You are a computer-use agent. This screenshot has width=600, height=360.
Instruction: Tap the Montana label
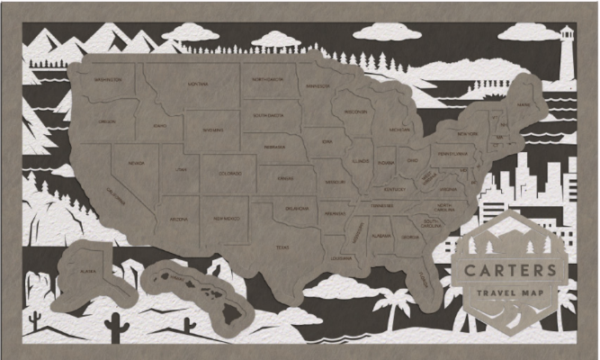coord(197,84)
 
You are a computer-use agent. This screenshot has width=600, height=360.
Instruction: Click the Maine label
coord(523,104)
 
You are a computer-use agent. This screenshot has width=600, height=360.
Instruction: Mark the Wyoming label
coord(212,129)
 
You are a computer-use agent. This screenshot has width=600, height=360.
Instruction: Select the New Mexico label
coord(225,218)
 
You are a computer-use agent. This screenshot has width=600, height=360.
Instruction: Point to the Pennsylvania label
coord(452,154)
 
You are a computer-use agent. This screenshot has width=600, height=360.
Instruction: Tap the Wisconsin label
coord(354,112)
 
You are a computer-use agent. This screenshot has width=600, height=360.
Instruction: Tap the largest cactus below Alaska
coord(116,327)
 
